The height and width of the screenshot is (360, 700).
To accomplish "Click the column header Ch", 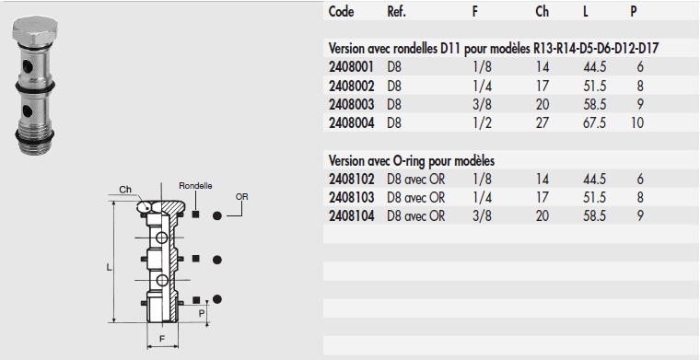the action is coord(542,13).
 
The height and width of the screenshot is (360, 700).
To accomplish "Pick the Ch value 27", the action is coord(542,122).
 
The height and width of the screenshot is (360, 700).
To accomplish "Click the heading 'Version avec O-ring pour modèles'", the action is coord(417,161).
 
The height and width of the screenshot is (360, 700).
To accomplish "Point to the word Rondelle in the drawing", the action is coord(195,184).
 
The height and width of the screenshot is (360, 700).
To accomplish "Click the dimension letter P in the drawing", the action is coord(202,312).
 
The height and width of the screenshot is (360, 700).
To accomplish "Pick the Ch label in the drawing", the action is coord(124,191).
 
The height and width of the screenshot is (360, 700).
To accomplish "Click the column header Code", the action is coord(341,13).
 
